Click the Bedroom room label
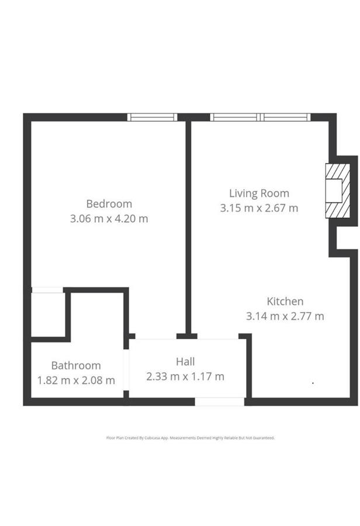pyautogui.click(x=109, y=203)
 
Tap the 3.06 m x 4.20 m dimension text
pyautogui.click(x=109, y=219)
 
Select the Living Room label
pyautogui.click(x=259, y=193)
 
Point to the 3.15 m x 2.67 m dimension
pyautogui.click(x=259, y=208)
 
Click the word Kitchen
pyautogui.click(x=285, y=301)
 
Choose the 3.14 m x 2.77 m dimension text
pyautogui.click(x=285, y=316)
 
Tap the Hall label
pyautogui.click(x=185, y=362)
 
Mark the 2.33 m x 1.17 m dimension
pyautogui.click(x=185, y=376)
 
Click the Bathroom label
pyautogui.click(x=76, y=365)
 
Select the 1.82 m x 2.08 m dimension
pyautogui.click(x=76, y=380)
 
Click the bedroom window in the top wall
pyautogui.click(x=153, y=117)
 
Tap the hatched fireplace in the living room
pyautogui.click(x=338, y=191)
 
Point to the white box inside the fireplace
pyautogui.click(x=334, y=191)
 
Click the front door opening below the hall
pyautogui.click(x=220, y=402)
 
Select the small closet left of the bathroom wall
pyautogui.click(x=48, y=314)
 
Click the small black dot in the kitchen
pyautogui.click(x=313, y=382)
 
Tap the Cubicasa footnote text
pyautogui.click(x=191, y=438)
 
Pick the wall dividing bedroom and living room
pyautogui.click(x=189, y=227)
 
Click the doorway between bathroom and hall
pyautogui.click(x=126, y=370)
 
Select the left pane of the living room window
pyautogui.click(x=235, y=117)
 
